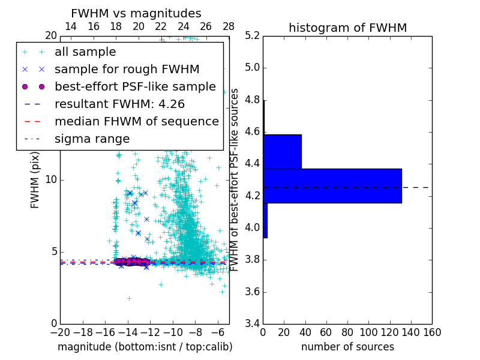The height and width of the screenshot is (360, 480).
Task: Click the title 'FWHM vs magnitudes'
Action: tap(136, 13)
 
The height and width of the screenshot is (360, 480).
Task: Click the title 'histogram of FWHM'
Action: tap(347, 28)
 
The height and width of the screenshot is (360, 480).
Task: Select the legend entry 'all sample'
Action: tap(85, 52)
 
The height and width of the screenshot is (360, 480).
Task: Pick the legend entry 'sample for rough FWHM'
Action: tap(127, 70)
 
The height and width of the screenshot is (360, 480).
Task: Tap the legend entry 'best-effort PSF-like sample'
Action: tap(135, 87)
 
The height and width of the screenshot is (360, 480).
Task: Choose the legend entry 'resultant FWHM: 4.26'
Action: tap(127, 104)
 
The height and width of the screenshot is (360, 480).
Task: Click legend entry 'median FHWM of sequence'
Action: tap(136, 122)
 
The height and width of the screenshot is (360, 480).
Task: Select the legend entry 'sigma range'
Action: tap(92, 139)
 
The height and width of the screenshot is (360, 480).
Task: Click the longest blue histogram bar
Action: tap(332, 186)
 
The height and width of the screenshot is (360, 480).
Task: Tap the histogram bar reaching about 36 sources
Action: tap(282, 152)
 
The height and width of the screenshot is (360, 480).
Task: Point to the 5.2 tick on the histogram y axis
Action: tap(253, 35)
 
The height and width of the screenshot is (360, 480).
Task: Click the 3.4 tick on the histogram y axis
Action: tap(253, 324)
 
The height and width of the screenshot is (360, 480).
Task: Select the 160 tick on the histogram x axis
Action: tap(432, 332)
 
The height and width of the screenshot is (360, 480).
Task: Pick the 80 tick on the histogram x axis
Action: tap(347, 332)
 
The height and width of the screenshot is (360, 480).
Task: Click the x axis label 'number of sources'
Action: tap(347, 347)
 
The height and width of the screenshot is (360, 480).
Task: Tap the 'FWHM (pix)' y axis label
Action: tap(35, 180)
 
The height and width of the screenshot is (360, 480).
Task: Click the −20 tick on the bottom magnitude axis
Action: tap(60, 332)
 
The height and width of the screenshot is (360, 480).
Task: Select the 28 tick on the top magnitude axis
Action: tap(229, 26)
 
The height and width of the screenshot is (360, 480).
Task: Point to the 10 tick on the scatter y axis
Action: tap(51, 180)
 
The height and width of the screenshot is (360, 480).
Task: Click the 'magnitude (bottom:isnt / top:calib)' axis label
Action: tap(145, 347)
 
